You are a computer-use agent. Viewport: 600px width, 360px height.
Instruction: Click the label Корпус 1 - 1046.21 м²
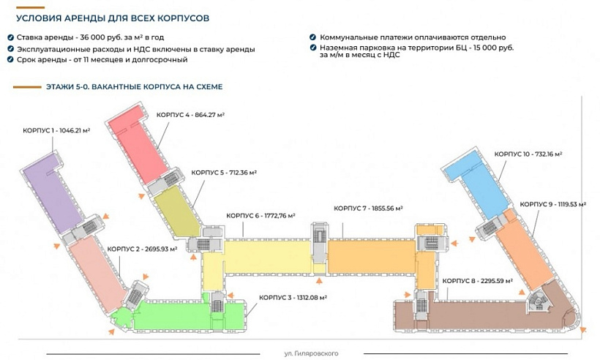[x=56, y=130]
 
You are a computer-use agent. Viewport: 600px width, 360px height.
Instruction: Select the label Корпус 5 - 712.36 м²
[x=224, y=172]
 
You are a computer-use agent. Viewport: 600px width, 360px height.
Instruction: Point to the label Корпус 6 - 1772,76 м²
[x=260, y=216]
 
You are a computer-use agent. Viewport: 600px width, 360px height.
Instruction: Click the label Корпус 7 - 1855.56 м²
[x=369, y=209]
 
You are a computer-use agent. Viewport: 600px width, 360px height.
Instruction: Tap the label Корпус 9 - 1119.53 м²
[x=553, y=204]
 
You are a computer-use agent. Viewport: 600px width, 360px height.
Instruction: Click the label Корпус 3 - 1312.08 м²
[x=293, y=298]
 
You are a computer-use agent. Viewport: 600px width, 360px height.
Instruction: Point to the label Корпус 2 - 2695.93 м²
[x=143, y=249]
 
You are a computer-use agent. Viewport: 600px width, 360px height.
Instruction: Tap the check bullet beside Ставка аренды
[x=10, y=37]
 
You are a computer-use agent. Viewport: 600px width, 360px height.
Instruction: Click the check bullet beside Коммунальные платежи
[x=312, y=37]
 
